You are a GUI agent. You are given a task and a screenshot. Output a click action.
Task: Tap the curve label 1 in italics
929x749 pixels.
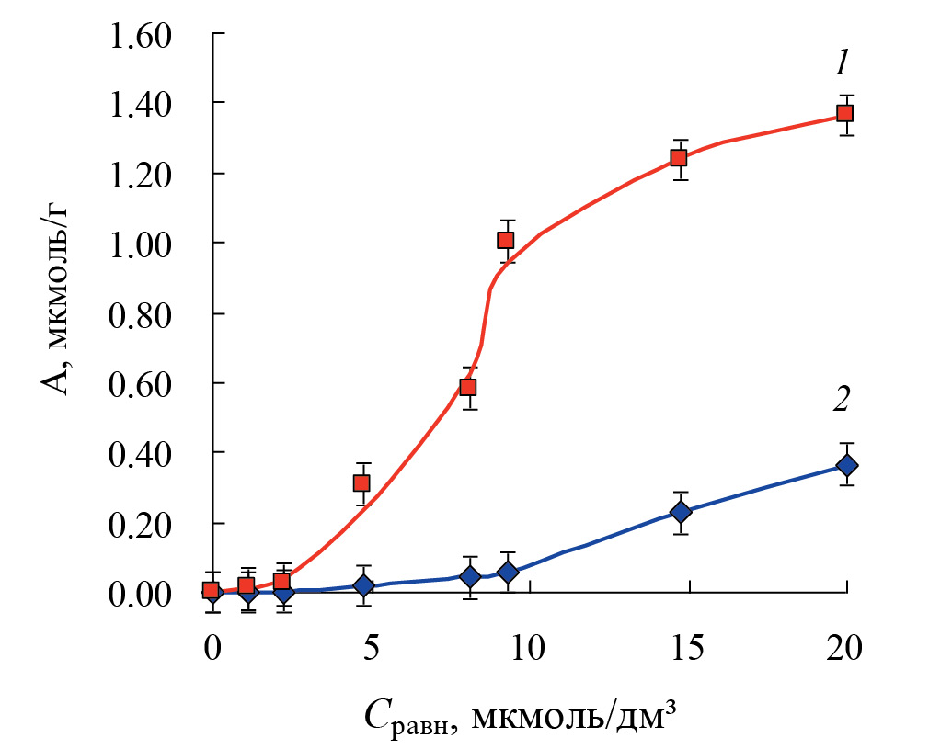[840, 63]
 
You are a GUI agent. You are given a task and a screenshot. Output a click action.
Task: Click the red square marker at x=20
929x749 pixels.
[844, 114]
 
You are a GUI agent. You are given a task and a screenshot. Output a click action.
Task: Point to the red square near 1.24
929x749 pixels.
[679, 158]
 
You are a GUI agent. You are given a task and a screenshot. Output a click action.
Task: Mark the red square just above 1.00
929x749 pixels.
[505, 241]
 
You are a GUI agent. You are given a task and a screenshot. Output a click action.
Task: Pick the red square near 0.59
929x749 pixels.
[468, 387]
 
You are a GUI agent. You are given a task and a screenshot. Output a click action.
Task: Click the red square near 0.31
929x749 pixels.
[361, 483]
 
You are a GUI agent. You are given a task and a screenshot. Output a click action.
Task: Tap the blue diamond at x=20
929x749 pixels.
[846, 465]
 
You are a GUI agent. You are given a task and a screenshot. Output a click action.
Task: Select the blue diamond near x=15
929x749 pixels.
[681, 512]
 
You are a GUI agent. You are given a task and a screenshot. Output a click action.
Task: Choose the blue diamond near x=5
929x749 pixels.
[363, 585]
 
